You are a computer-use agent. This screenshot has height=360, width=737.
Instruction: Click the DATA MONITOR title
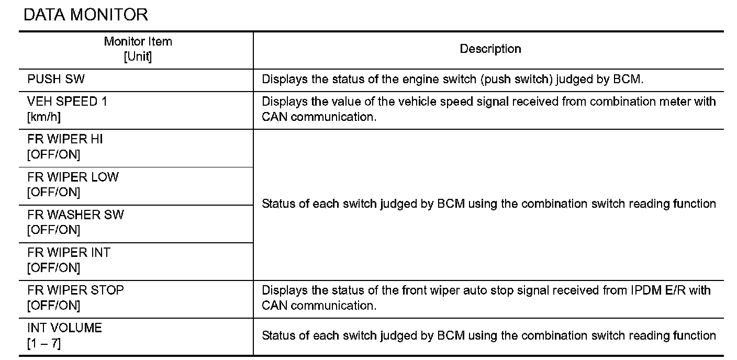click(86, 15)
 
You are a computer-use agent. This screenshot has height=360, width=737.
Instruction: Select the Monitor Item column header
click(138, 41)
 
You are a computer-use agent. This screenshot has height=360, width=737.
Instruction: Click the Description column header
click(490, 49)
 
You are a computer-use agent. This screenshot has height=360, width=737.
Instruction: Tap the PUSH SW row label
click(56, 80)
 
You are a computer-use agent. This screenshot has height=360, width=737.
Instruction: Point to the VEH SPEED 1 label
click(67, 102)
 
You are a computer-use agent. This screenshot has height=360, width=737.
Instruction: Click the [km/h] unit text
click(44, 117)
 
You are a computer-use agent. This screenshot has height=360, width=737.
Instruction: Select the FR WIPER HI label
click(65, 139)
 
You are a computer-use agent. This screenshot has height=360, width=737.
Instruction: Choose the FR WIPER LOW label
click(73, 177)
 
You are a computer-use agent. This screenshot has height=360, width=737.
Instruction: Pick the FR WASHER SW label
click(75, 215)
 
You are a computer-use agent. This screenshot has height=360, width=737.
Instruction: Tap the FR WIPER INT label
click(69, 252)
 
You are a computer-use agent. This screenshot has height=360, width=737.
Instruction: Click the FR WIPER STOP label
click(75, 290)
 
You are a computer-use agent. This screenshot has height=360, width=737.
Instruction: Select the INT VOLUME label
click(64, 328)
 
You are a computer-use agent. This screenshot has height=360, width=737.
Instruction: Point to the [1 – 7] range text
click(44, 344)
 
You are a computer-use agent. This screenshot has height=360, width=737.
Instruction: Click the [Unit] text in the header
click(138, 57)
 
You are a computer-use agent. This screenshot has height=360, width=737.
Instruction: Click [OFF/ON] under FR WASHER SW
click(54, 230)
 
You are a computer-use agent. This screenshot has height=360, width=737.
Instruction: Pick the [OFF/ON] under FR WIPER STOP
click(54, 306)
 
